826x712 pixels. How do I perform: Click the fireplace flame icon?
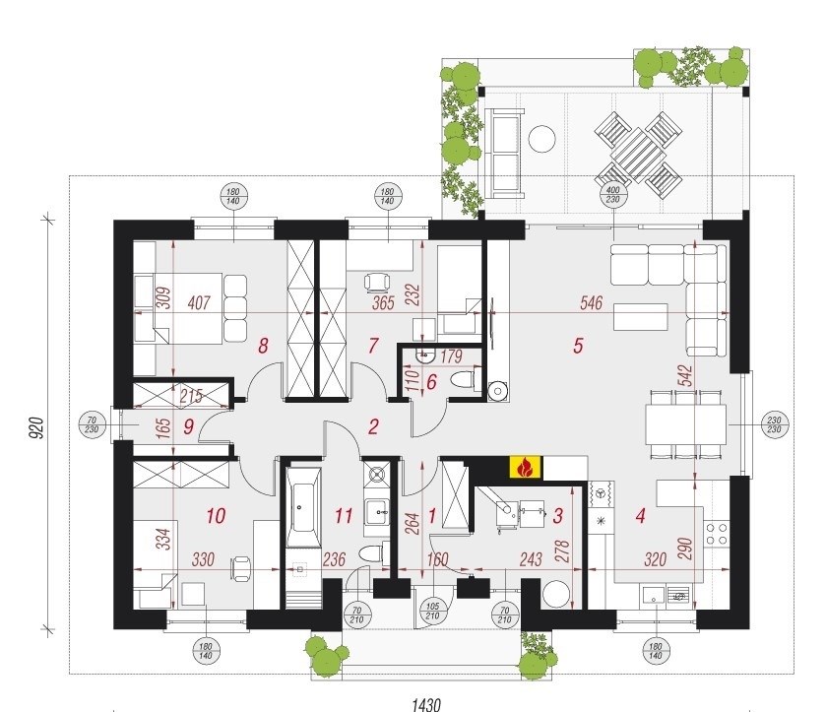point(525,467)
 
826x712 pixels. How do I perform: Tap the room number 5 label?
point(578,346)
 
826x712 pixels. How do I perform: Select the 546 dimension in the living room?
point(591,303)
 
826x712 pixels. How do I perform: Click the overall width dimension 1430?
point(425,704)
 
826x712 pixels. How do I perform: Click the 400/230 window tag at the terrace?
point(613,195)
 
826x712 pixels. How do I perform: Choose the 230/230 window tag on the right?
point(775,424)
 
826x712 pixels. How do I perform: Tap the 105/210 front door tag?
point(432,612)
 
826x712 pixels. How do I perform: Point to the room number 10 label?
point(216,515)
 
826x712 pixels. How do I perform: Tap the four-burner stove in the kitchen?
point(717,534)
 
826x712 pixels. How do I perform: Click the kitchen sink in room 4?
point(654,596)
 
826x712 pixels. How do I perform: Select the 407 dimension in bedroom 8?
point(199,303)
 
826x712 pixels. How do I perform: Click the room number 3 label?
point(558,515)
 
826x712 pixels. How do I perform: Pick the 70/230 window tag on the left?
point(93,424)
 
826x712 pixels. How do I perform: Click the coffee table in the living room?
point(641,317)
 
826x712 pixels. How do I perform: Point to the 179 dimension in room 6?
point(451,356)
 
